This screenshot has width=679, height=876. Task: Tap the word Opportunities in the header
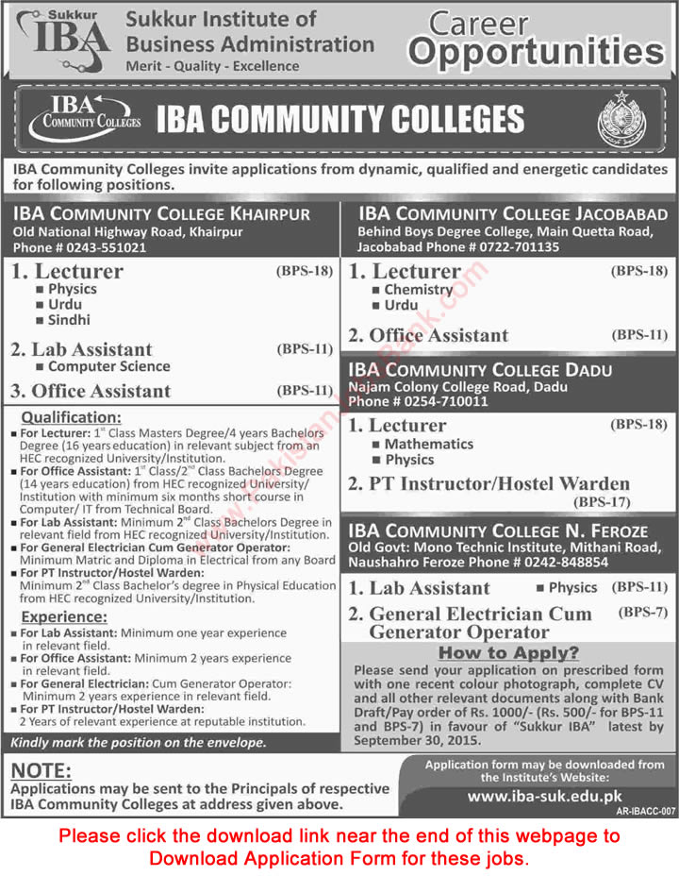(536, 53)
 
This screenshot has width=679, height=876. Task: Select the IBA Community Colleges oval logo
(84, 118)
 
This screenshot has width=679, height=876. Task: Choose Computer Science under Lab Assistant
(108, 366)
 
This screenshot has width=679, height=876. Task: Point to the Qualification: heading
(72, 417)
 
